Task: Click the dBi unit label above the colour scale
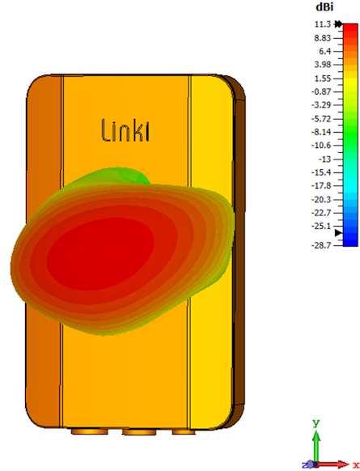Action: click(324, 7)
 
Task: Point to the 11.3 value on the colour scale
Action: click(323, 24)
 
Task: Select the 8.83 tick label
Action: click(323, 38)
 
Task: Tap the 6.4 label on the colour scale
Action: click(325, 51)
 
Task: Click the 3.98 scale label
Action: click(323, 65)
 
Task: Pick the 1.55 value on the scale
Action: click(323, 78)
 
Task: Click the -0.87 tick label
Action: click(321, 91)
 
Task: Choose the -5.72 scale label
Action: click(321, 119)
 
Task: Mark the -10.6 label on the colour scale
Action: click(321, 146)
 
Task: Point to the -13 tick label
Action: click(324, 159)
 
